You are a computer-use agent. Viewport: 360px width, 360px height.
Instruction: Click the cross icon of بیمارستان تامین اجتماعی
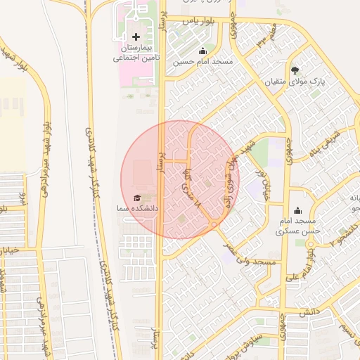click(x=136, y=36)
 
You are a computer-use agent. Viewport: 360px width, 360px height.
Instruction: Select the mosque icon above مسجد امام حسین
click(x=203, y=51)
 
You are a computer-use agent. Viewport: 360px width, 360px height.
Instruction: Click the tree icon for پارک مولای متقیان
click(x=295, y=70)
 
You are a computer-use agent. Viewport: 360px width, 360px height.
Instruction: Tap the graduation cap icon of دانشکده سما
click(x=136, y=198)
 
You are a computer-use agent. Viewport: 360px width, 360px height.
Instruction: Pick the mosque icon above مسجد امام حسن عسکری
click(x=297, y=210)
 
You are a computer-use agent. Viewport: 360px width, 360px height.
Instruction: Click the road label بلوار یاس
click(x=198, y=22)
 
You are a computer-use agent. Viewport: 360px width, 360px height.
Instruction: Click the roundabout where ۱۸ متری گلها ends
click(x=213, y=224)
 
